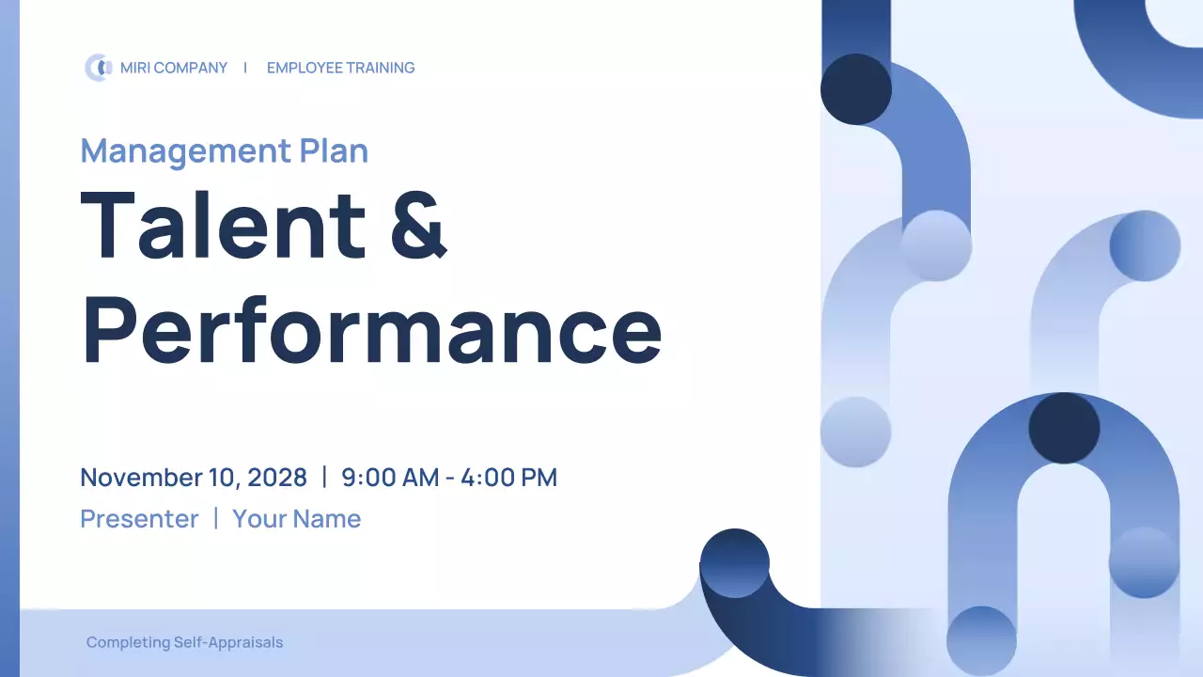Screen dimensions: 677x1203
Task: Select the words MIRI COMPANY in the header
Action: coord(174,68)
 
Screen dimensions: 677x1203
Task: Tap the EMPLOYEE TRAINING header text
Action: coord(340,68)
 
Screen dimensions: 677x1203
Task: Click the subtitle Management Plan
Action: coord(224,150)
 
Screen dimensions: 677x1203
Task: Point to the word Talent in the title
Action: coord(224,225)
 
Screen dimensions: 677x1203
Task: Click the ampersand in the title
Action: coord(418,225)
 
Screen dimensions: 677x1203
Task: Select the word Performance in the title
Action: coord(371,329)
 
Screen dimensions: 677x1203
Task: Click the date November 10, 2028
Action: coord(194,478)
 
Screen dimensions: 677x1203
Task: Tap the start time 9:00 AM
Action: coord(390,478)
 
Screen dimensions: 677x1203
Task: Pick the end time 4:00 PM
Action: coord(508,478)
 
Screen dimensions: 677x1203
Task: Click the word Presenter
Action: coord(139,519)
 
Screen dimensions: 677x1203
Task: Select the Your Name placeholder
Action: coord(296,519)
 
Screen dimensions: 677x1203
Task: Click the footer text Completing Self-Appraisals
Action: coord(184,643)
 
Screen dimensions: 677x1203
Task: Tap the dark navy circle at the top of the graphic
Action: coord(856,89)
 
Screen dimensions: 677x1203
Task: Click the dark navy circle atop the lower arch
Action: coord(1064,429)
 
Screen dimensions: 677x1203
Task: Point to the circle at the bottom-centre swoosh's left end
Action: coord(735,563)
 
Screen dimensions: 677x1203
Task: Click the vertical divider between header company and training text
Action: coord(245,68)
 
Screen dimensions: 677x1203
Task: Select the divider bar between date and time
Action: coord(324,477)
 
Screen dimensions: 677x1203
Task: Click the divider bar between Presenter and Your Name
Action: coord(215,518)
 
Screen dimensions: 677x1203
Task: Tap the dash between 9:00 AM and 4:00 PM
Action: coord(450,479)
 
